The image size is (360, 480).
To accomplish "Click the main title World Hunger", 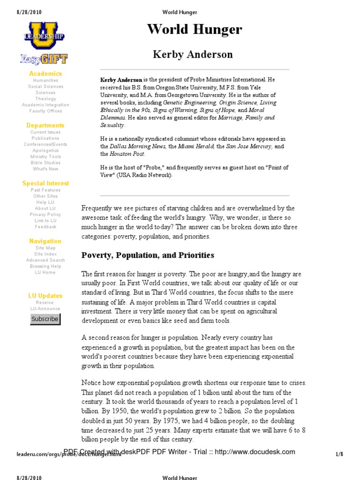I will (195, 30).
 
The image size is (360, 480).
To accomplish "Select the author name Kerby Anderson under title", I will (193, 54).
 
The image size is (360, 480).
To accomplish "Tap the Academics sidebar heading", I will (45, 74).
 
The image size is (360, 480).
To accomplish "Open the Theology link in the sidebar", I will (45, 99).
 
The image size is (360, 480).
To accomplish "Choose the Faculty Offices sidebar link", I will (45, 111).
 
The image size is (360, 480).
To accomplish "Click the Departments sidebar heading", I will (45, 126).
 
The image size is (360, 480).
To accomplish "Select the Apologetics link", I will (45, 150).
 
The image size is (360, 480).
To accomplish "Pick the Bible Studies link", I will (45, 163).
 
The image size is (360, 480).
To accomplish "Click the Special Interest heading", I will (45, 183).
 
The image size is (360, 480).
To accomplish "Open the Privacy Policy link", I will (45, 214).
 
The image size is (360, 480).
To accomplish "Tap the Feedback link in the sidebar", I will (45, 226).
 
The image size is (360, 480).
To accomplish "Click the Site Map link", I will (45, 248).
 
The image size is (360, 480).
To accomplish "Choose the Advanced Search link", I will (45, 260).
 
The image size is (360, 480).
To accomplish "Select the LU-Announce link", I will (45, 308).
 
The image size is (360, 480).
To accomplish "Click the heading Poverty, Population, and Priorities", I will (148, 255).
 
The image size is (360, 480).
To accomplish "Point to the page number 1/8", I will (340, 454).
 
